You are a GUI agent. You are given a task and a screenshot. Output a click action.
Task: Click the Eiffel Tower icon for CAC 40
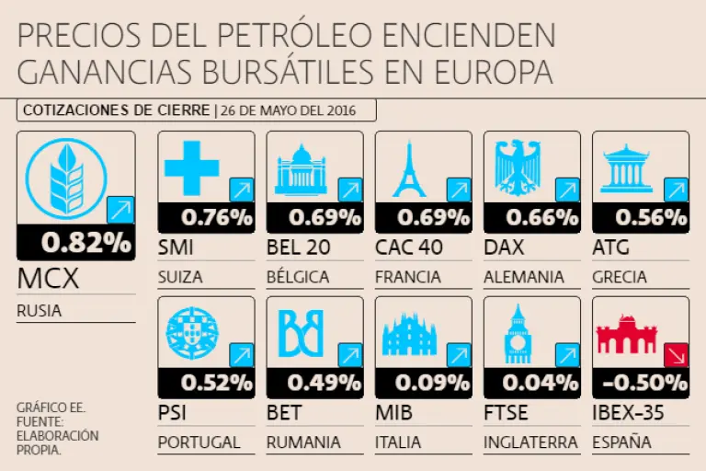(x=409, y=169)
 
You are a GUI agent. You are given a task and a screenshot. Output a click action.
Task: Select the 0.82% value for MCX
(x=85, y=243)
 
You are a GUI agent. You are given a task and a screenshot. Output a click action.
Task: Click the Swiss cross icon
(x=191, y=167)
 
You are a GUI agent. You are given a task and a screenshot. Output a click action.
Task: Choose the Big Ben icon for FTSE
(x=518, y=333)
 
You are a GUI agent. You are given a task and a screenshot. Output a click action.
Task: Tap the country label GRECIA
(x=620, y=277)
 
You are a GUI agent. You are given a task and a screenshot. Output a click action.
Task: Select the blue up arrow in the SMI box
(x=242, y=190)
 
